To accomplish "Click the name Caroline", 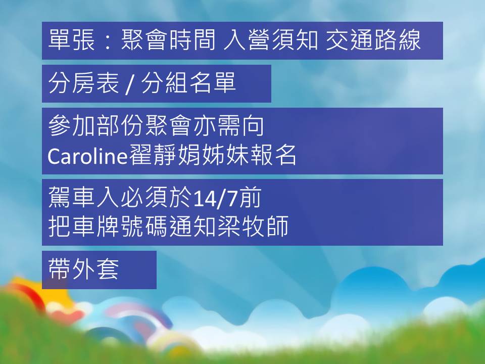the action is pyautogui.click(x=88, y=155).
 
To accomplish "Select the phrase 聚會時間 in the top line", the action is pyautogui.click(x=168, y=40).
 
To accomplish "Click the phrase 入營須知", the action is pyautogui.click(x=271, y=40).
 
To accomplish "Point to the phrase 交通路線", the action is pyautogui.click(x=373, y=40).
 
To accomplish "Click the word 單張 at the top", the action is pyautogui.click(x=71, y=40).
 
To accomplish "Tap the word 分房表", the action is pyautogui.click(x=83, y=83).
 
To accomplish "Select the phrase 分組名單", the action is pyautogui.click(x=188, y=83).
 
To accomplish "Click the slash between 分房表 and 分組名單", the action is pyautogui.click(x=130, y=84).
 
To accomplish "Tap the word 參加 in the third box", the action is pyautogui.click(x=71, y=126).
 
